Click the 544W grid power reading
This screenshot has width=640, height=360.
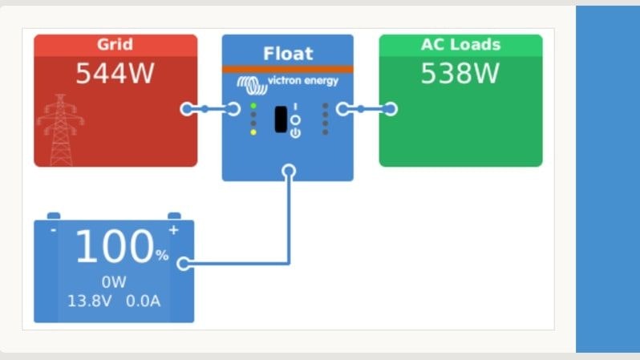(x=113, y=74)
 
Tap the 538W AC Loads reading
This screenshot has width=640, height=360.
(x=460, y=74)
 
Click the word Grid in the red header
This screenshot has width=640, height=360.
(x=115, y=44)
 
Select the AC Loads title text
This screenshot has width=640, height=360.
(x=460, y=44)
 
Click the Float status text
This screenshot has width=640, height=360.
(x=287, y=55)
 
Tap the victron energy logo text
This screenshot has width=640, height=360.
(x=308, y=81)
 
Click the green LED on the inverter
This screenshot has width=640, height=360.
(x=253, y=105)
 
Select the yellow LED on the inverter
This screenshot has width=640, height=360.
(x=253, y=131)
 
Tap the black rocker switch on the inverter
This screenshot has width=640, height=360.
(x=281, y=119)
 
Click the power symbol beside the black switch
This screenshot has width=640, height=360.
(x=295, y=132)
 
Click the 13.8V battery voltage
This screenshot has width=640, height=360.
(x=90, y=301)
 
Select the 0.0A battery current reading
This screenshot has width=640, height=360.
(x=144, y=301)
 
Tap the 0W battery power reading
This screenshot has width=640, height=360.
(x=114, y=282)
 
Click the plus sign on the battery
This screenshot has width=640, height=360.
(x=173, y=230)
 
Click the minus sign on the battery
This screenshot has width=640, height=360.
(x=53, y=230)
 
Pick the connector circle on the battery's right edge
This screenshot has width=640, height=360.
(x=184, y=263)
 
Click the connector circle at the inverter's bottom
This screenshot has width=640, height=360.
(x=289, y=171)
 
